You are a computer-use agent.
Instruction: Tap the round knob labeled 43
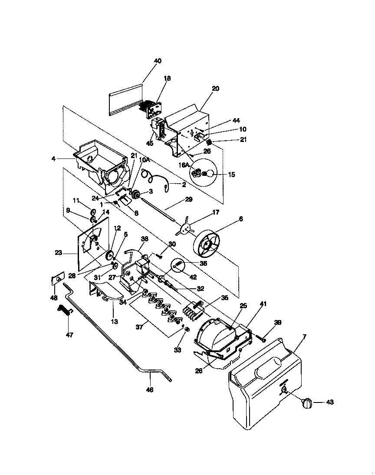tap(306, 403)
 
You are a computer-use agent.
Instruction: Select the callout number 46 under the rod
tap(149, 390)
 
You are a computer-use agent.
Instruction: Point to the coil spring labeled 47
tap(64, 310)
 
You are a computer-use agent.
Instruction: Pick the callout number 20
tap(215, 89)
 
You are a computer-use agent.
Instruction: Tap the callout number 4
tap(53, 159)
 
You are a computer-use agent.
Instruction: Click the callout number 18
tap(167, 78)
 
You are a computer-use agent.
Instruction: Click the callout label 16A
tap(184, 165)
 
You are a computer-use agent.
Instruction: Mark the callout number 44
tap(236, 120)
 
